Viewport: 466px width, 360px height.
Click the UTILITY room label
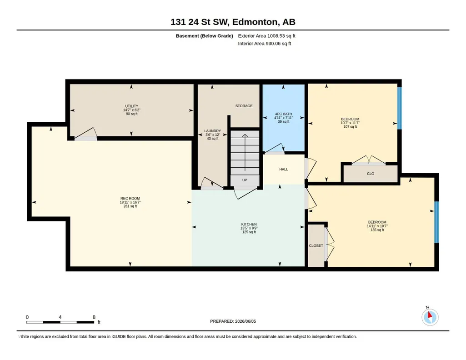click(x=132, y=106)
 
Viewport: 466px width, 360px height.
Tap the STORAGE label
click(x=244, y=106)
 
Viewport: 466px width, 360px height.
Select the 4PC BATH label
click(x=284, y=114)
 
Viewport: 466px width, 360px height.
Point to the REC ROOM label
click(x=130, y=199)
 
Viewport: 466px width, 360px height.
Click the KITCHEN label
click(x=249, y=224)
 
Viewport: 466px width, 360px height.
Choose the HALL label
click(x=284, y=169)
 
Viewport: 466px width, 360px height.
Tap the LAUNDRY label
click(x=212, y=131)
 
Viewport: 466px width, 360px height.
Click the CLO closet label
click(x=371, y=174)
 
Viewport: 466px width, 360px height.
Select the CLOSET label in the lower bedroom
click(x=316, y=245)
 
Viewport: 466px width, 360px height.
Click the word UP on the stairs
click(x=245, y=180)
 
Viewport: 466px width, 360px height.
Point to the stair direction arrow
click(x=245, y=153)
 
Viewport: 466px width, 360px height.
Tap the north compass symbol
click(x=430, y=317)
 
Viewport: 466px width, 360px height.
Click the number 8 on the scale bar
click(x=94, y=317)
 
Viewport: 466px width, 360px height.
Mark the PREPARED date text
click(x=233, y=321)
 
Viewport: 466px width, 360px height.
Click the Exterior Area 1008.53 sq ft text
click(x=266, y=36)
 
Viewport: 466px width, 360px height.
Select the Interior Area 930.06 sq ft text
click(x=265, y=43)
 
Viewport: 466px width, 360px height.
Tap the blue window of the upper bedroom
click(x=400, y=108)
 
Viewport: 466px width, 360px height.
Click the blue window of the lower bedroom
click(x=436, y=222)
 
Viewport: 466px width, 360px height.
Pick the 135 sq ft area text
click(x=377, y=230)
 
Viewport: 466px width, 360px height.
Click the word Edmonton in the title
click(x=256, y=22)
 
